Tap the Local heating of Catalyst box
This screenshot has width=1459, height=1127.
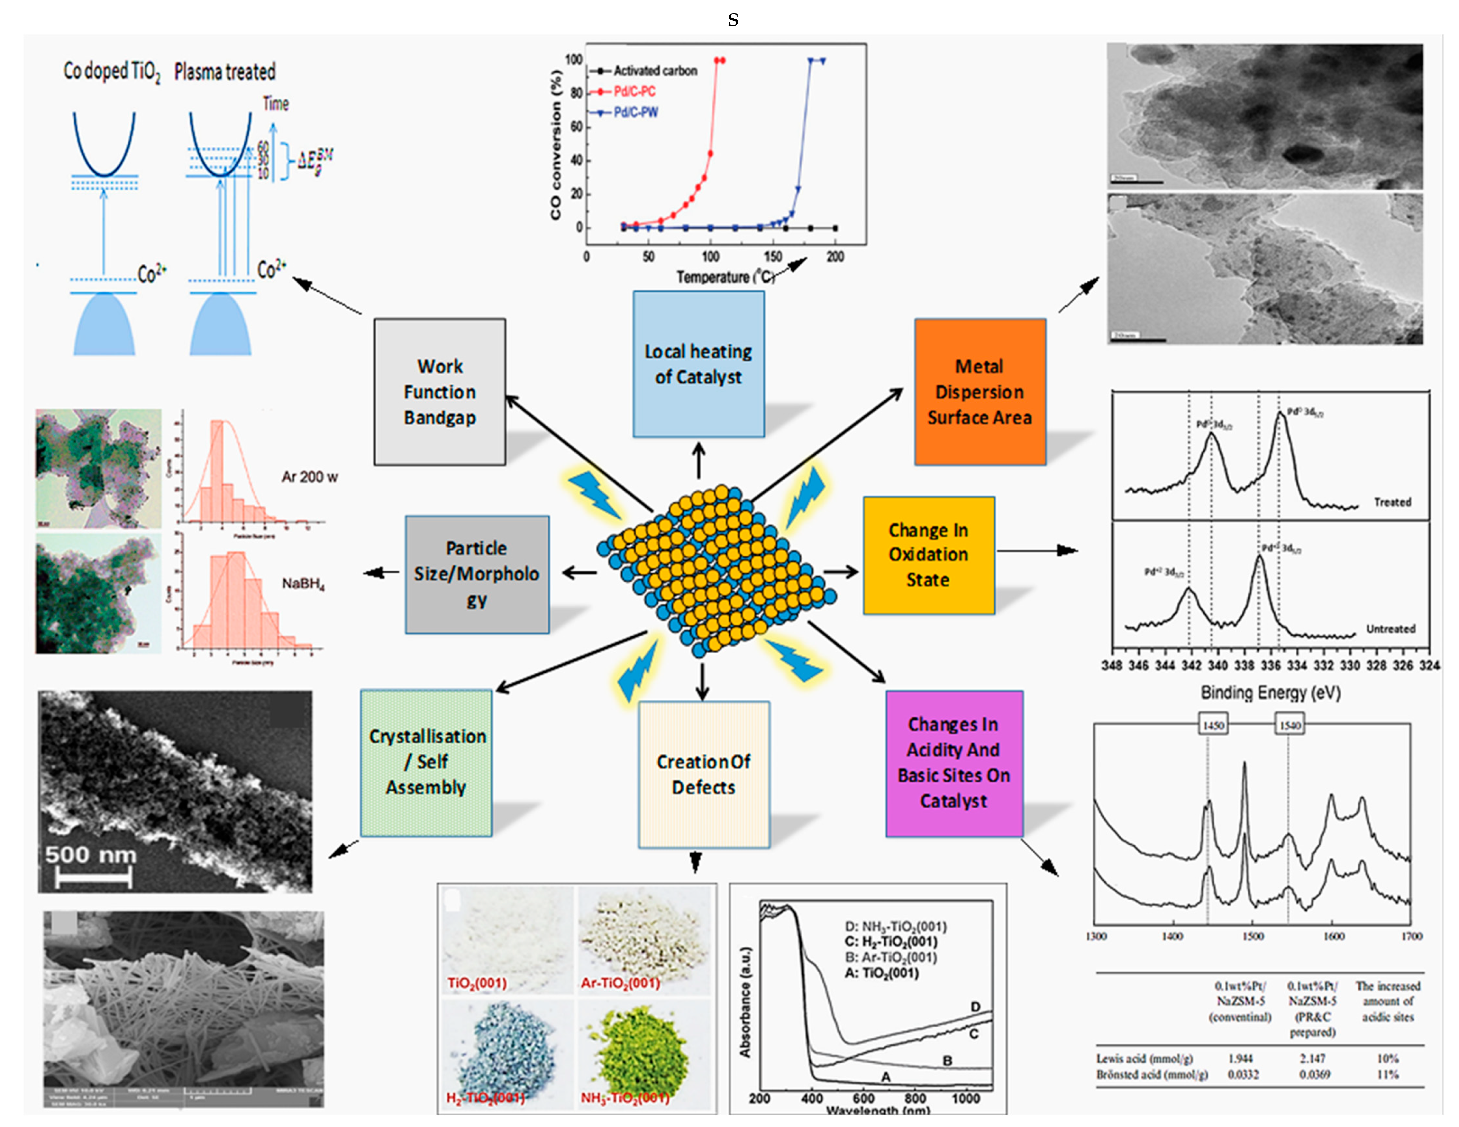point(698,364)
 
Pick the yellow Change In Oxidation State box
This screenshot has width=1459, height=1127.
point(928,554)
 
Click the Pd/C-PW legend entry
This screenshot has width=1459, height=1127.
point(635,112)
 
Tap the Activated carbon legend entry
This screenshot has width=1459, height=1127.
point(655,71)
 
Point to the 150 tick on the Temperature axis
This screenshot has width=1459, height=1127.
point(773,256)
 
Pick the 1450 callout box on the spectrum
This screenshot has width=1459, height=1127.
point(1213,725)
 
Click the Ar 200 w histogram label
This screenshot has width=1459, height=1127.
point(309,477)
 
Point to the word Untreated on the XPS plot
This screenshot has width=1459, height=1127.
point(1390,629)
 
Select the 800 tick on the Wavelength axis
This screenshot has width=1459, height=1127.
point(914,1098)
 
